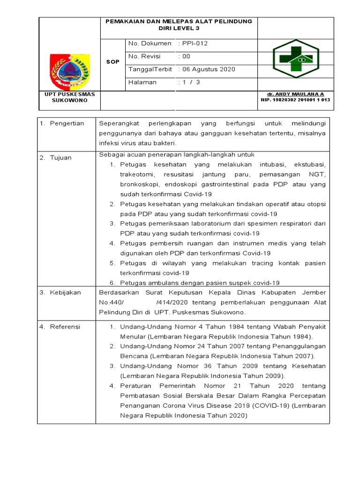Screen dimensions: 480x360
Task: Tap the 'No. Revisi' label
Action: [x=144, y=56]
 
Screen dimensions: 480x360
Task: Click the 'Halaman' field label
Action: [x=142, y=82]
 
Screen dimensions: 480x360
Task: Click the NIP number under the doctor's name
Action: [x=295, y=100]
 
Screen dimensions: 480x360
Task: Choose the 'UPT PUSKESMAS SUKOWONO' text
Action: [x=69, y=97]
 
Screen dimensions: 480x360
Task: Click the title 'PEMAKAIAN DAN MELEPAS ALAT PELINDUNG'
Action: [x=179, y=22]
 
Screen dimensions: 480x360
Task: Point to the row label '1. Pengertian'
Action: [x=62, y=123]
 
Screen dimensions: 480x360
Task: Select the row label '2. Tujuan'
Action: [x=56, y=158]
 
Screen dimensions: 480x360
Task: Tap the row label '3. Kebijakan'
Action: [x=60, y=292]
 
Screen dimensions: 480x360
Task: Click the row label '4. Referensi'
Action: [x=60, y=326]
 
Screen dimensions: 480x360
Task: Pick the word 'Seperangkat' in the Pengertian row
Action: [x=117, y=123]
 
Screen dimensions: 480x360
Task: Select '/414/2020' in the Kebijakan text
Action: [x=172, y=302]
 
